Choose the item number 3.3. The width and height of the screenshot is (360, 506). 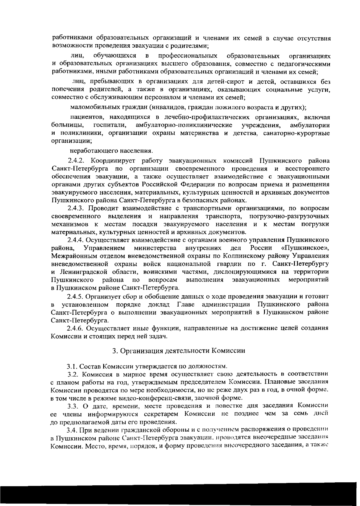[73, 406]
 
